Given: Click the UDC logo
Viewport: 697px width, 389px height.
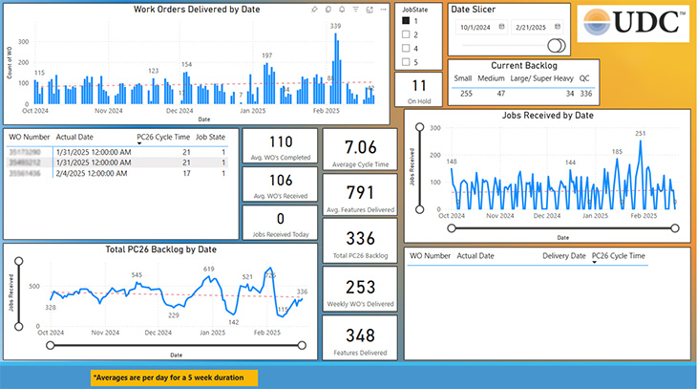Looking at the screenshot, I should (x=632, y=23).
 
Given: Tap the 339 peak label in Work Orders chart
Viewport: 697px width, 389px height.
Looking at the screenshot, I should (x=335, y=26).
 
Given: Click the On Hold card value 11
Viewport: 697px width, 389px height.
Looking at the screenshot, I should (x=419, y=87).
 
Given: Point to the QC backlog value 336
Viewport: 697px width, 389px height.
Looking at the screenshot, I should (x=586, y=94).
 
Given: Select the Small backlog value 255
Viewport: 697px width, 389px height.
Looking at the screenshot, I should (x=466, y=94).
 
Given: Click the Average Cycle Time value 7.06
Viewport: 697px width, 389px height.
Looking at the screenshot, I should (x=361, y=146).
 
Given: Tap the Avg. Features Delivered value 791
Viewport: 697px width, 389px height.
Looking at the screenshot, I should (x=361, y=191).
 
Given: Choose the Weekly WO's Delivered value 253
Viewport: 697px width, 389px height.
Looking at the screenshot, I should (x=361, y=286).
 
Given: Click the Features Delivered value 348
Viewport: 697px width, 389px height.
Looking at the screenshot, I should (x=361, y=335).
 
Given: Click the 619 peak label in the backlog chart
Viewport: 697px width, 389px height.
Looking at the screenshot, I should (x=209, y=270).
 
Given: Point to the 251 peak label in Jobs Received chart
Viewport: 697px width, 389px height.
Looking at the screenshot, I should (x=641, y=134).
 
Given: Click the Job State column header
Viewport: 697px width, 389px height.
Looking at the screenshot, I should (x=210, y=137).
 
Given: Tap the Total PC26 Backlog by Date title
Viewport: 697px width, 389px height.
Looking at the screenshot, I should (x=159, y=249).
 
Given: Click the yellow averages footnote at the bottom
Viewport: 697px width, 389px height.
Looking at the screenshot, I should (x=175, y=378).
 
